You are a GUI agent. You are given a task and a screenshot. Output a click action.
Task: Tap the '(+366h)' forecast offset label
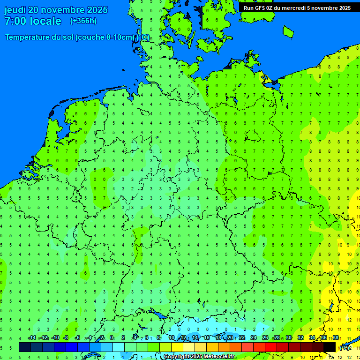pos(83,21)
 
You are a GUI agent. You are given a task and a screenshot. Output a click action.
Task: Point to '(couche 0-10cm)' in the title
pos(105,37)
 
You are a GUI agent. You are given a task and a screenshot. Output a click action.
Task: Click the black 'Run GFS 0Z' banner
pos(297,7)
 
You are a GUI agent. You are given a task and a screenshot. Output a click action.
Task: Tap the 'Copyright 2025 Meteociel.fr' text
pos(199,356)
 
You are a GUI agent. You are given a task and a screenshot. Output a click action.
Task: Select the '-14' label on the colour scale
pos(32,338)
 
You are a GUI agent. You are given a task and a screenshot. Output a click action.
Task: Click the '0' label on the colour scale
pos(112,338)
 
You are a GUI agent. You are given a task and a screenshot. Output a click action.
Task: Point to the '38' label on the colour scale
pos(336,338)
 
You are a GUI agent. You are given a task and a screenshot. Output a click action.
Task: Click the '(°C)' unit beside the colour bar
pos(344,348)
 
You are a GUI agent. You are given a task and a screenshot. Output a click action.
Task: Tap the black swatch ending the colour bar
pos(330,347)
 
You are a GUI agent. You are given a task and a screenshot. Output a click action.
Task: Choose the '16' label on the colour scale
pos(207,338)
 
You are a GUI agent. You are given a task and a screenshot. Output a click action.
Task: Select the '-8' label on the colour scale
pos(66,338)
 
